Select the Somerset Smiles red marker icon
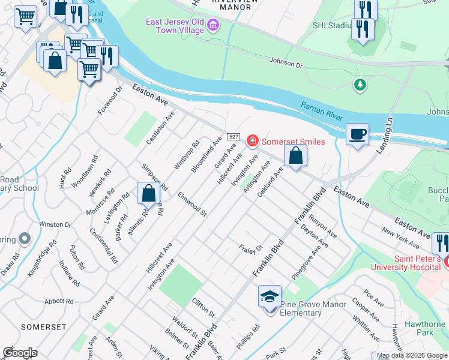253,141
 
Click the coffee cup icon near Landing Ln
357,134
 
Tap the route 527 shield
234,137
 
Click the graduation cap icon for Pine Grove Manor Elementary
270,297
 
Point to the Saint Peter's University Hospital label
406,263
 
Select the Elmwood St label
192,205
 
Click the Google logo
20,353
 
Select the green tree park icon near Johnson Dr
360,85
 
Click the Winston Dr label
55,224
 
